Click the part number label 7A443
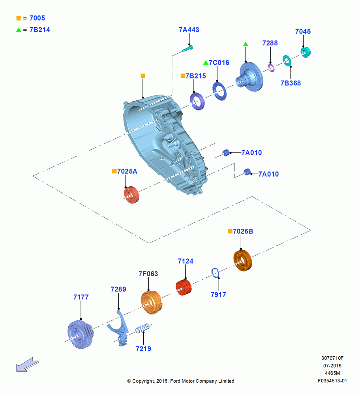[189, 30]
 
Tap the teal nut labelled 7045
[306, 53]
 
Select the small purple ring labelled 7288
[271, 68]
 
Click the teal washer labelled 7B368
[287, 61]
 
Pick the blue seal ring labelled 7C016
[219, 91]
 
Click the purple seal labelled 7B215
[197, 101]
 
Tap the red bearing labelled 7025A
[131, 195]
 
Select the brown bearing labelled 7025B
[242, 260]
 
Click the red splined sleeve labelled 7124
[184, 287]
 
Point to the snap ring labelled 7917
[215, 273]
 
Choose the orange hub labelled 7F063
[152, 302]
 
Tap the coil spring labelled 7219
[143, 329]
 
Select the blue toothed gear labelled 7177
[81, 335]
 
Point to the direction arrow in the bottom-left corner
[28, 365]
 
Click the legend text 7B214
[40, 30]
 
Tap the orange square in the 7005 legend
[19, 18]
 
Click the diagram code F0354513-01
[332, 381]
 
